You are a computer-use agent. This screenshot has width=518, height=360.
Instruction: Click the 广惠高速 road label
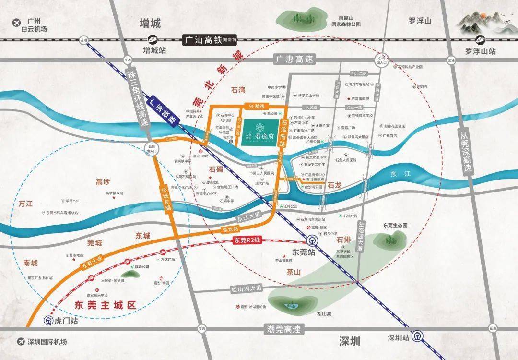(294, 60)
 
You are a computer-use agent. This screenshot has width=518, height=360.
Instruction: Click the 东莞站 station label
(303, 252)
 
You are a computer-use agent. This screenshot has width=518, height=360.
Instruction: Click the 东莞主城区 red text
(106, 304)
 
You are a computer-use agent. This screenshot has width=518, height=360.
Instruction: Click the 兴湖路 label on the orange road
(251, 104)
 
